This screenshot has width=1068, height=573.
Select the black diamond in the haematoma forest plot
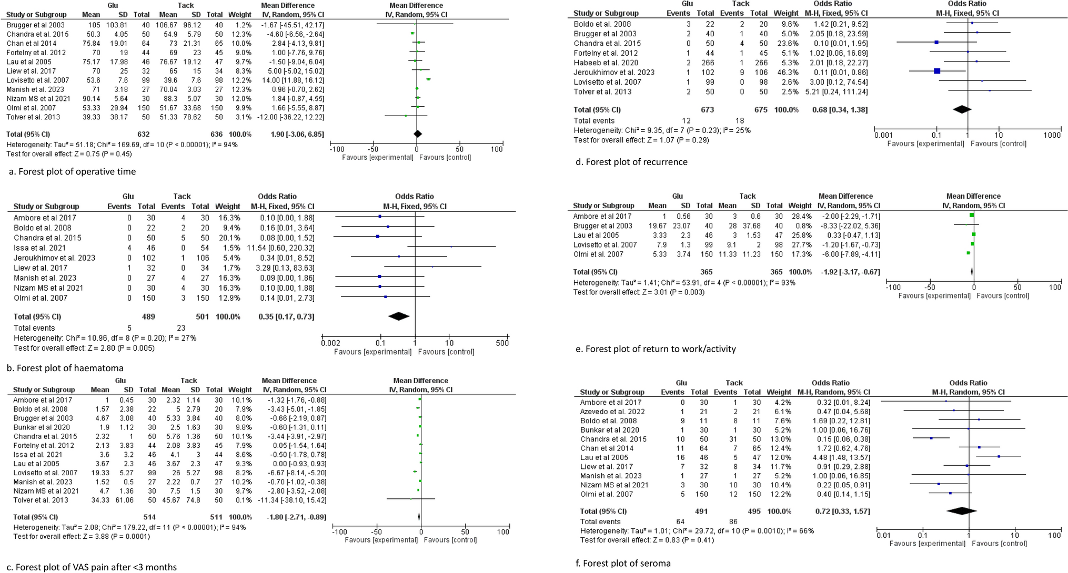coord(398,316)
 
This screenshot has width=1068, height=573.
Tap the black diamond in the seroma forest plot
coord(961,511)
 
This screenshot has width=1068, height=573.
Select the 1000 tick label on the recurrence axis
coord(1052,135)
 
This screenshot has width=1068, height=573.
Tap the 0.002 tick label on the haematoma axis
coord(330,343)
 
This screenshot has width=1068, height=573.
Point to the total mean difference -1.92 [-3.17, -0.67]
coord(849,272)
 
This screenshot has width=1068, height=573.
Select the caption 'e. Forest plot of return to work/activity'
coord(656,349)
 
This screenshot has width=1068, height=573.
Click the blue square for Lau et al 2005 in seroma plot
coord(999,457)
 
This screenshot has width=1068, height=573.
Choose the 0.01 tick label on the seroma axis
coord(883,536)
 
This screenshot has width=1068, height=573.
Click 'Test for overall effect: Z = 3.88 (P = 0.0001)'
coord(78,536)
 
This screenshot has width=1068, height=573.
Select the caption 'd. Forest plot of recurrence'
coord(631,162)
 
